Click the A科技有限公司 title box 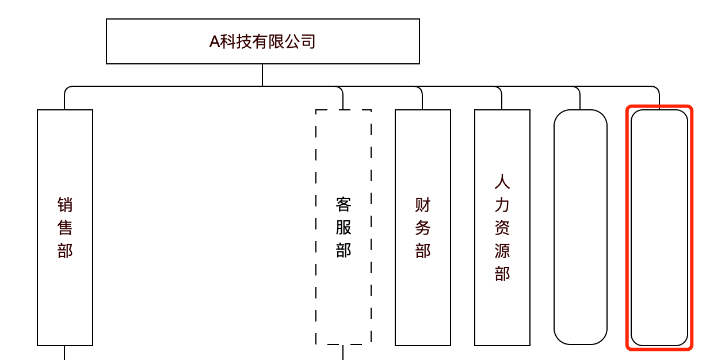click(x=262, y=41)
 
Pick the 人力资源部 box click(x=502, y=311)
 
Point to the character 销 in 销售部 click(x=65, y=205)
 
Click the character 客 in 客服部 click(x=344, y=205)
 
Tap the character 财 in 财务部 click(x=423, y=205)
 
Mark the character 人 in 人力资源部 click(x=502, y=182)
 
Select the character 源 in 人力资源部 click(x=502, y=251)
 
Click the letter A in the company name click(x=214, y=42)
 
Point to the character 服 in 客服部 click(x=344, y=228)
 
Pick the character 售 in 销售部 click(x=65, y=228)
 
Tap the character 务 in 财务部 click(x=423, y=228)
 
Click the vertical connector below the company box click(x=262, y=75)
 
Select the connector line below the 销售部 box click(x=64, y=353)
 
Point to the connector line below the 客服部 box click(x=343, y=353)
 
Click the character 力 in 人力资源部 click(x=502, y=205)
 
